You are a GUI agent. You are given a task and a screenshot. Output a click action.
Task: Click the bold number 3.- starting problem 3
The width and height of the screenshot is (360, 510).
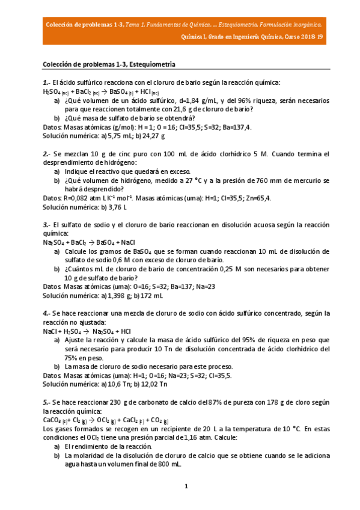(47, 224)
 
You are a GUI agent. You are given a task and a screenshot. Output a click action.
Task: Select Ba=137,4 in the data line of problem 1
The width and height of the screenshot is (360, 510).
(236, 127)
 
